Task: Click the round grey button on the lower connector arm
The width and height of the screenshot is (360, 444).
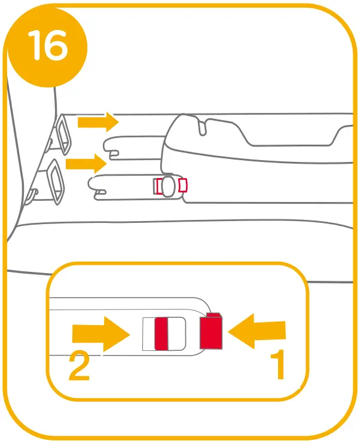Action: click(169, 186)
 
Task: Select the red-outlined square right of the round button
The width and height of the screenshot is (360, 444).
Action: click(182, 186)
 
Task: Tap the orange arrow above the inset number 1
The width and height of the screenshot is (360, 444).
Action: click(257, 333)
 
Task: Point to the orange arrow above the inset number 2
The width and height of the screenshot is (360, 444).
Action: click(100, 333)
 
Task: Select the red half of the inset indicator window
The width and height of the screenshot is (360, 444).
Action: click(161, 333)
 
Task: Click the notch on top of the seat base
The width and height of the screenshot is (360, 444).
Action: click(202, 126)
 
